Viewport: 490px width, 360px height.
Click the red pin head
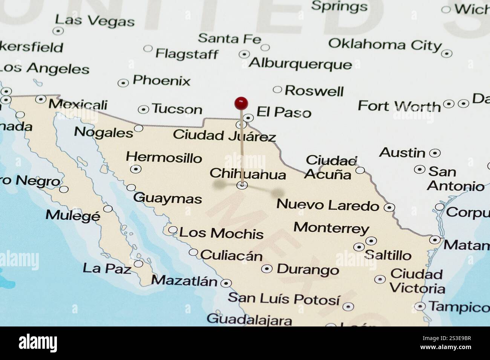(x=241, y=102)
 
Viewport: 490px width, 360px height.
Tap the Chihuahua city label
(x=248, y=174)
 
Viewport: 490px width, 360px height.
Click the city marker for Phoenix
(x=123, y=83)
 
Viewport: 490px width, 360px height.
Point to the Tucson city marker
(x=143, y=110)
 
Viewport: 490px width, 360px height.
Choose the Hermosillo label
(x=164, y=157)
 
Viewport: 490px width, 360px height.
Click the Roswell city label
(x=314, y=91)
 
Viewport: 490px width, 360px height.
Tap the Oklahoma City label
(x=384, y=44)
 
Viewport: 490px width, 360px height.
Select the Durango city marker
(x=267, y=269)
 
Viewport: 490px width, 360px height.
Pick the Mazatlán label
(x=184, y=281)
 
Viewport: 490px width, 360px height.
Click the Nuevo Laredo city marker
(x=389, y=207)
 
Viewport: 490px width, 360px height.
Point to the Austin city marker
(x=435, y=153)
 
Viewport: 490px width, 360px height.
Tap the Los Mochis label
(x=221, y=233)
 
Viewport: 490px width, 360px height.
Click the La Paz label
(x=107, y=268)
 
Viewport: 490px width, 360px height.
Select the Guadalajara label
(x=249, y=320)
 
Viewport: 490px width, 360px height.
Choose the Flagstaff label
(x=187, y=54)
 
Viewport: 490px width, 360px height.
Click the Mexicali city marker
(x=41, y=99)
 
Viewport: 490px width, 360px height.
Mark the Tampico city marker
(x=420, y=307)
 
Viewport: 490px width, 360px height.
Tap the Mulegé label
(x=73, y=215)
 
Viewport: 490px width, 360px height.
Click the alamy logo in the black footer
(x=38, y=343)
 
